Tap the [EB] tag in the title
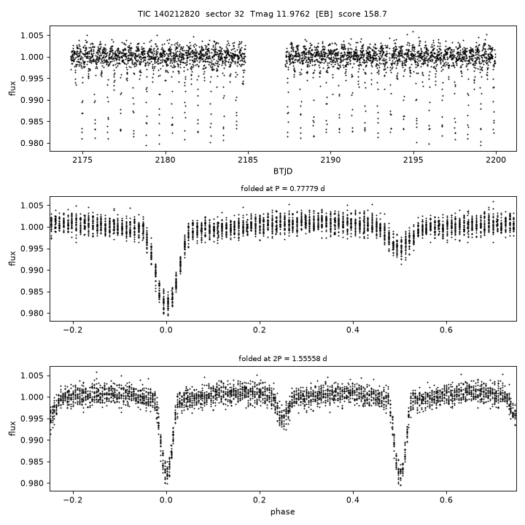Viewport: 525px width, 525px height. pyautogui.click(x=324, y=14)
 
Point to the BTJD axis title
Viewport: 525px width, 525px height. pyautogui.click(x=283, y=171)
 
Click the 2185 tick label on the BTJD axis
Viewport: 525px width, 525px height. pyautogui.click(x=248, y=160)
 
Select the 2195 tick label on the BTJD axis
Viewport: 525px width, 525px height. pyautogui.click(x=413, y=160)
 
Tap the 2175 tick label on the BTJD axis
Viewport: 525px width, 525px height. pyautogui.click(x=82, y=160)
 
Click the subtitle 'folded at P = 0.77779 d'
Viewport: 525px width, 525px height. pyautogui.click(x=283, y=189)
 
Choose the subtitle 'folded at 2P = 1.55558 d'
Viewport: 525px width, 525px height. pyautogui.click(x=283, y=359)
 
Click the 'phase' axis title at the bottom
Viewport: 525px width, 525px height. pyautogui.click(x=283, y=512)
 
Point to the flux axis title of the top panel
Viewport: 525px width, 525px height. pyautogui.click(x=12, y=88)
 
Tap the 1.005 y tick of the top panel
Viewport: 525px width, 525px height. pyautogui.click(x=32, y=36)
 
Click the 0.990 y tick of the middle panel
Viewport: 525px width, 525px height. pyautogui.click(x=32, y=271)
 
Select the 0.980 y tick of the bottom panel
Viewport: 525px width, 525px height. pyautogui.click(x=32, y=483)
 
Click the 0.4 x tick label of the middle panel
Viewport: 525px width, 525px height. pyautogui.click(x=353, y=330)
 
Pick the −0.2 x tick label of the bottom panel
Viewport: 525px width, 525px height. pyautogui.click(x=73, y=500)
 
